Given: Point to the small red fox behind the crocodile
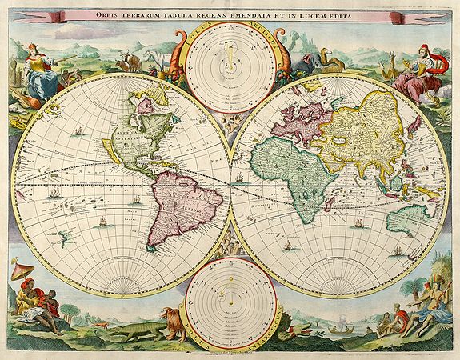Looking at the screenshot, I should [101, 323].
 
